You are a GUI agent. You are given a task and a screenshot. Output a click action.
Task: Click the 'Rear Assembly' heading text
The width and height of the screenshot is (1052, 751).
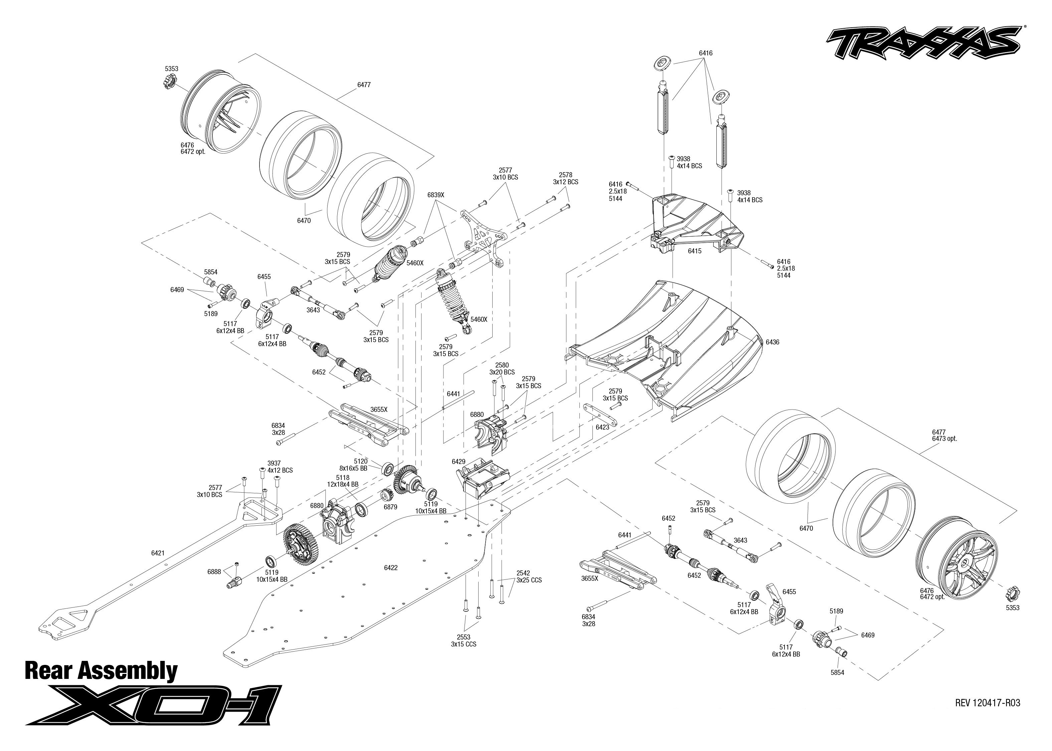coord(101,671)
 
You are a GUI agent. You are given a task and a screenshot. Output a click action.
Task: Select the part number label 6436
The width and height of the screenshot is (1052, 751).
coord(772,342)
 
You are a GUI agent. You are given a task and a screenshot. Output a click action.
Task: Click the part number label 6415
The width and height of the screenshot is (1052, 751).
coord(694,251)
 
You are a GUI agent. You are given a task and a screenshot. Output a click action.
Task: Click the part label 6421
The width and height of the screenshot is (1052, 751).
coord(158,553)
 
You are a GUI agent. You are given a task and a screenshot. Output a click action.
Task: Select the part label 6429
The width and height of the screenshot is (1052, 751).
coord(459,462)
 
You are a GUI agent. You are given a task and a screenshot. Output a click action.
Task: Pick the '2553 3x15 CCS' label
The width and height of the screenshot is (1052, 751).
coord(463,641)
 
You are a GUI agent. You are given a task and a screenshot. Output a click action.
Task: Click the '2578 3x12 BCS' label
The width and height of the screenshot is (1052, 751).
coord(565,179)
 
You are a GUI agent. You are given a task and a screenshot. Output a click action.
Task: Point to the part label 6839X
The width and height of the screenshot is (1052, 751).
coord(435,195)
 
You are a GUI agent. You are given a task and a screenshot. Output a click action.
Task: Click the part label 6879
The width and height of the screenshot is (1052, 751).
coord(390,507)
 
